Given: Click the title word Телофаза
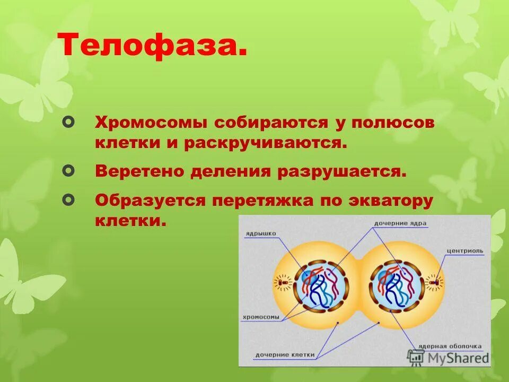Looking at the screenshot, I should (x=153, y=47).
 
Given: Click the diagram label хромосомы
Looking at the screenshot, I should (x=260, y=318).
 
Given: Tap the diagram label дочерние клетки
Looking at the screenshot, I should (x=285, y=354).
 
